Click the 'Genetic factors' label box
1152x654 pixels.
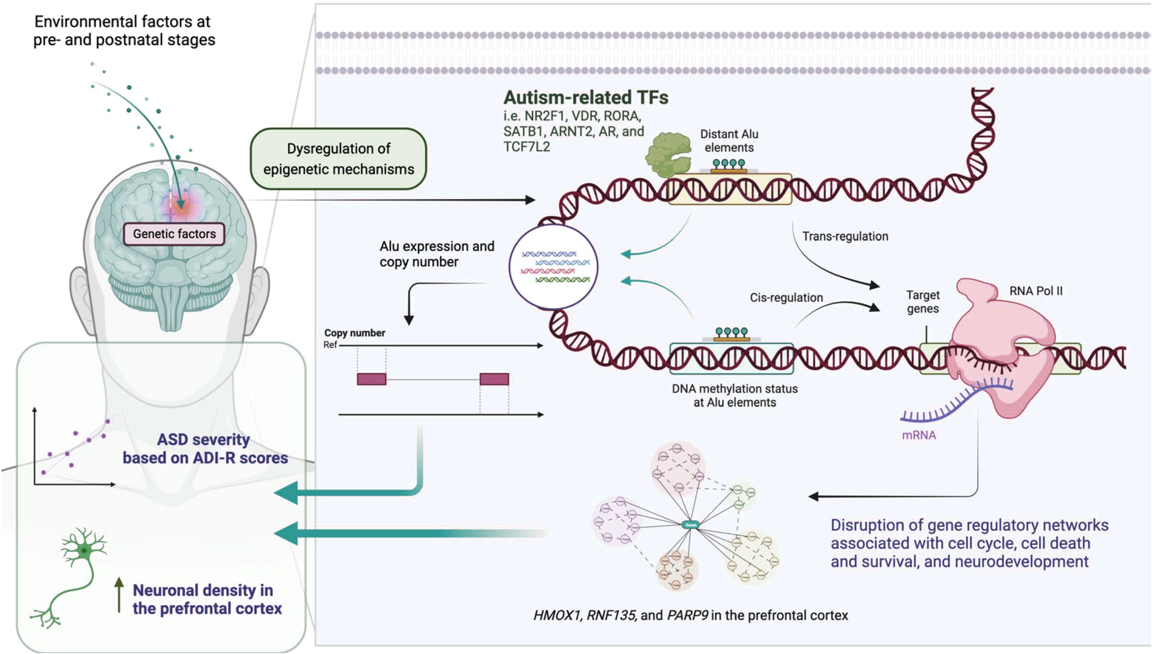[x=174, y=234]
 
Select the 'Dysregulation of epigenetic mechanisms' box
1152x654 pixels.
[x=338, y=159]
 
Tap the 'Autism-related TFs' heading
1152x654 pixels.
[x=586, y=98]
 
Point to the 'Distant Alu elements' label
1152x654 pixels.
[x=729, y=141]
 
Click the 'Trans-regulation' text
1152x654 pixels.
[x=845, y=236]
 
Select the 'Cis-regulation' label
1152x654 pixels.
[x=786, y=297]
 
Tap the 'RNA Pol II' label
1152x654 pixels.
[x=1036, y=291]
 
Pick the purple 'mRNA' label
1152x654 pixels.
[x=919, y=435]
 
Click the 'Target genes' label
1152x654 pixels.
[x=922, y=302]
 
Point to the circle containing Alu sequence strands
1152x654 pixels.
[x=553, y=267]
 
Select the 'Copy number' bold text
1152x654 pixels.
[x=355, y=333]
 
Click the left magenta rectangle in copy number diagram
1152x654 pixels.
[x=371, y=379]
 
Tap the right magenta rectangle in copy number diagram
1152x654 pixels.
[x=494, y=379]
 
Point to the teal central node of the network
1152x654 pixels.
[x=690, y=525]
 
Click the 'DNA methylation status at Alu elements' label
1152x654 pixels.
[x=734, y=396]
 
